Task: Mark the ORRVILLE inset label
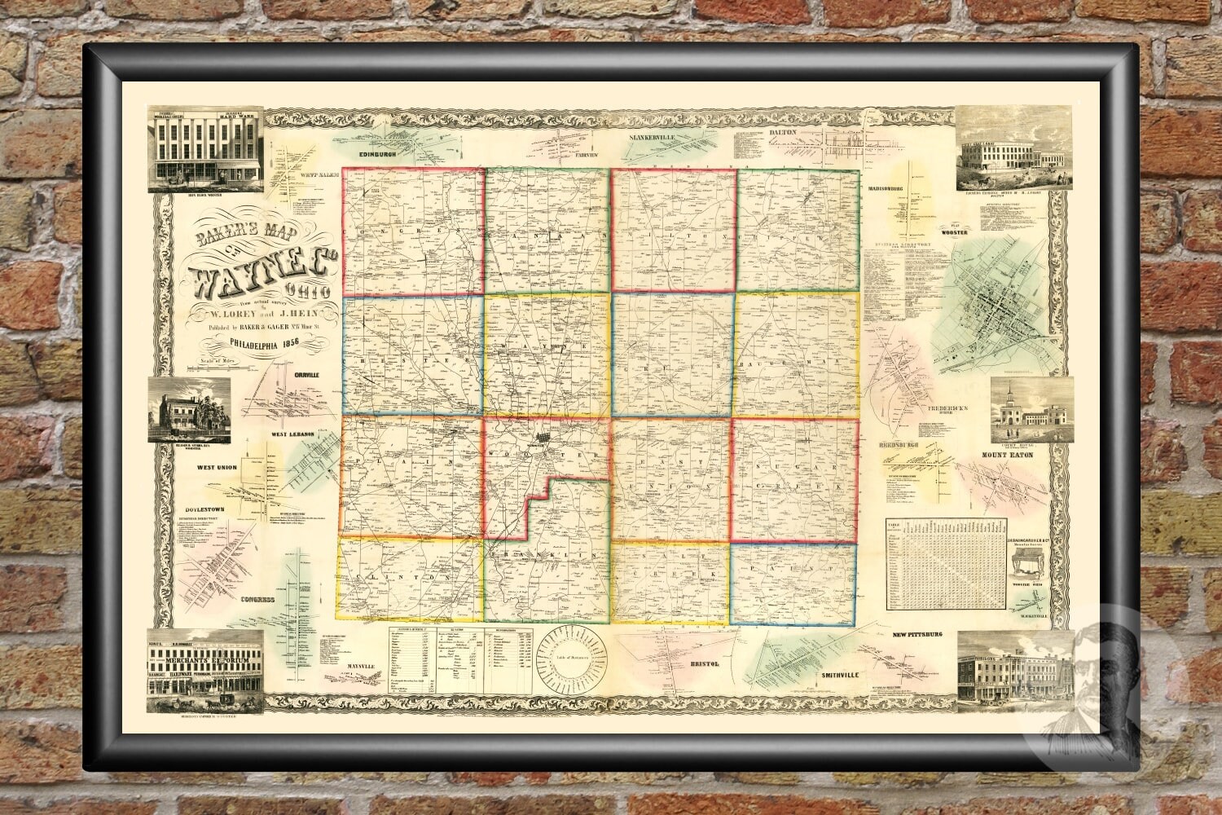coord(303,375)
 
